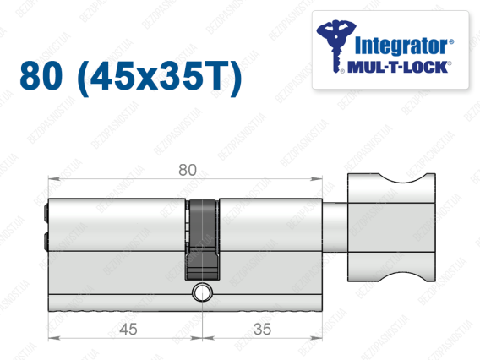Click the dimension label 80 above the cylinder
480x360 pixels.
pyautogui.click(x=188, y=170)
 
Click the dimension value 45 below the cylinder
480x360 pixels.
pyautogui.click(x=128, y=330)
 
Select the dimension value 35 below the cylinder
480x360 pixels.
pyautogui.click(x=262, y=330)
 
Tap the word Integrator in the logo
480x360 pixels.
pyautogui.click(x=401, y=46)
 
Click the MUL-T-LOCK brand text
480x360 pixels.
pyautogui.click(x=397, y=68)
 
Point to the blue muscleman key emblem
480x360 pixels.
pyautogui.click(x=335, y=46)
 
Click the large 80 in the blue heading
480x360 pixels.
pyautogui.click(x=41, y=75)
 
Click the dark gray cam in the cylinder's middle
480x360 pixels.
pyautogui.click(x=202, y=239)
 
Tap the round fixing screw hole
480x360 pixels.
pyautogui.click(x=202, y=292)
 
